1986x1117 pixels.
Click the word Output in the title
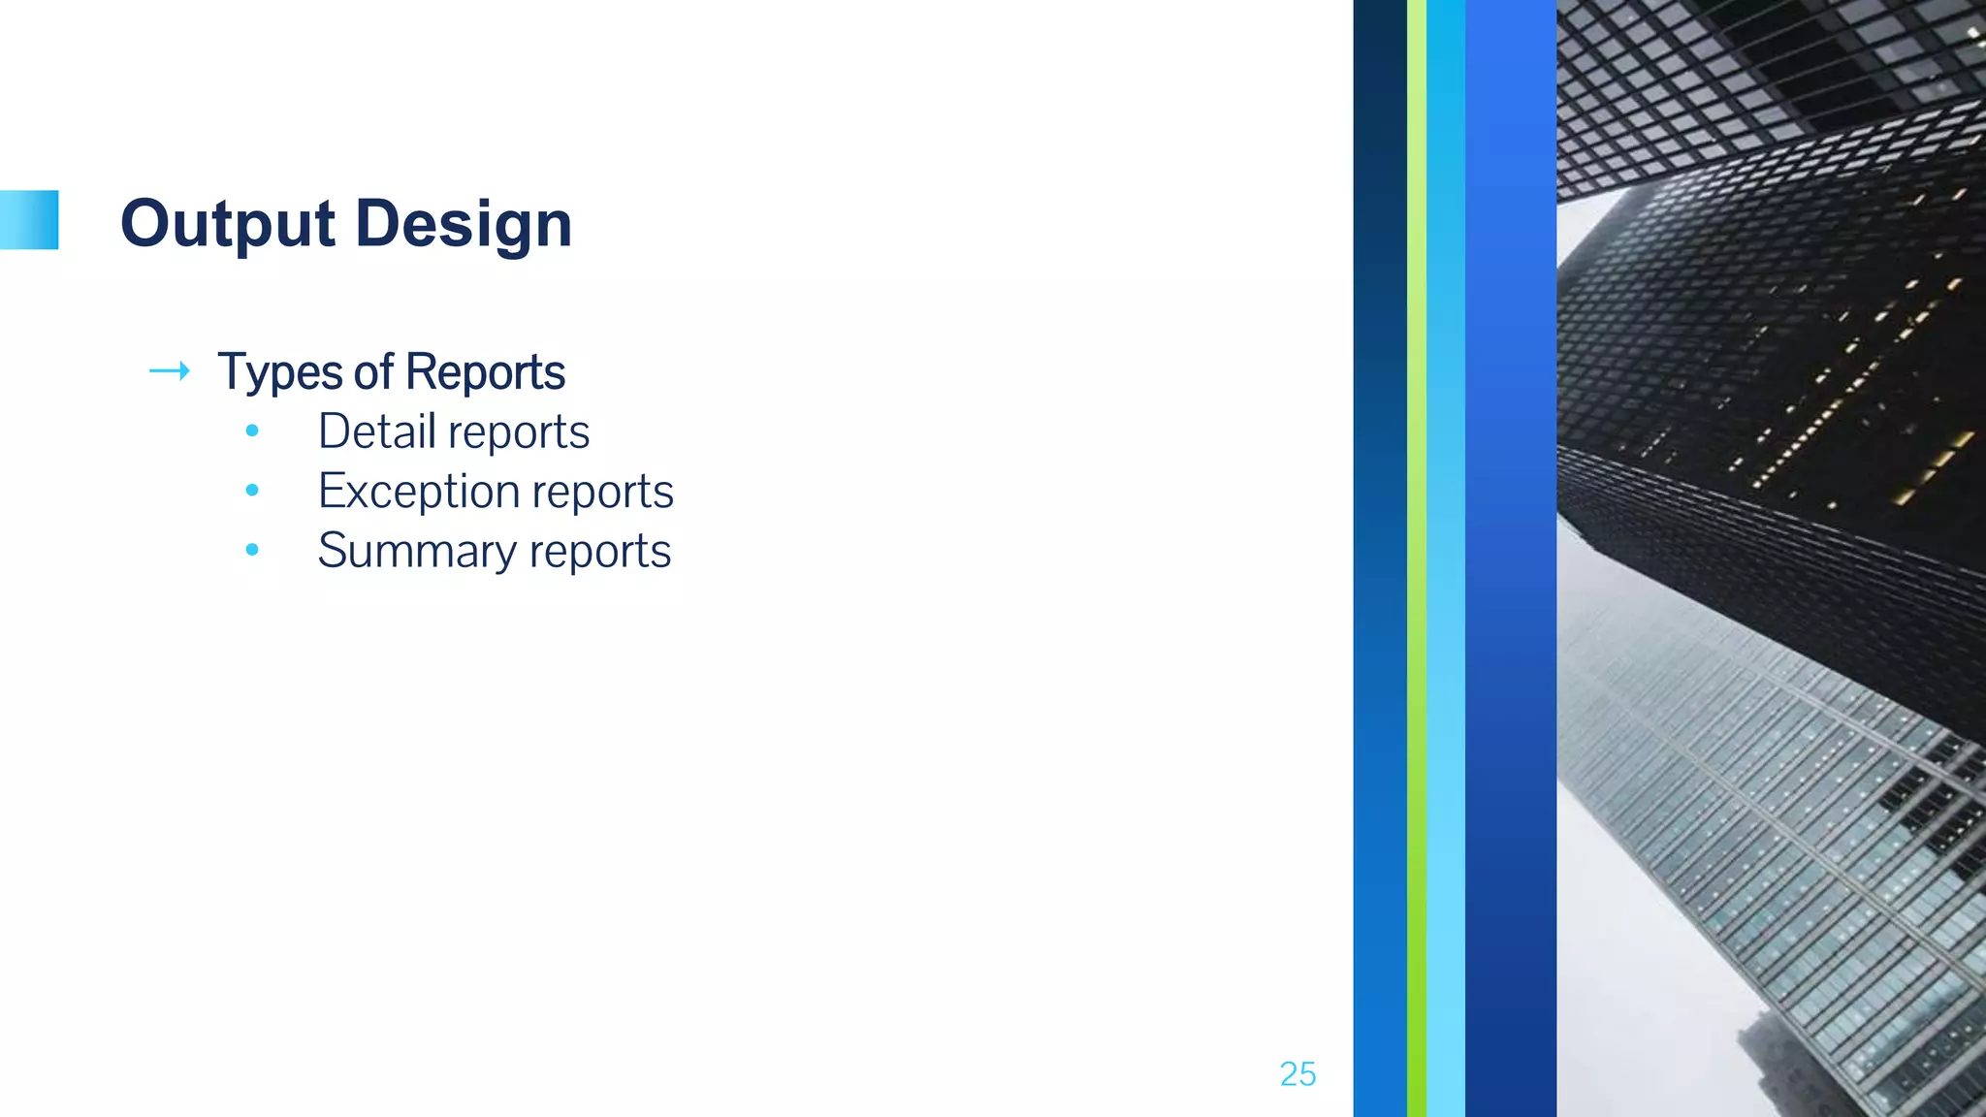coord(228,224)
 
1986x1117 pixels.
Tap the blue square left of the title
coord(29,220)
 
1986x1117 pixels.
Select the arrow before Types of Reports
coord(169,371)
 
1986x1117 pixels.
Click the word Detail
coord(376,431)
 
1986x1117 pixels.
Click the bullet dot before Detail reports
coord(252,431)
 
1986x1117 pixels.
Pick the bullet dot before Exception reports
coord(252,491)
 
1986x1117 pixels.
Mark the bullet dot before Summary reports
coord(252,550)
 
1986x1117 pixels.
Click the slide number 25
coord(1297,1074)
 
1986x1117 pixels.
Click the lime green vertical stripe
coord(1416,558)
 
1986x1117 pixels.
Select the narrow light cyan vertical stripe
coord(1445,558)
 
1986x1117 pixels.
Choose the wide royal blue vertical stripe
coord(1510,558)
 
